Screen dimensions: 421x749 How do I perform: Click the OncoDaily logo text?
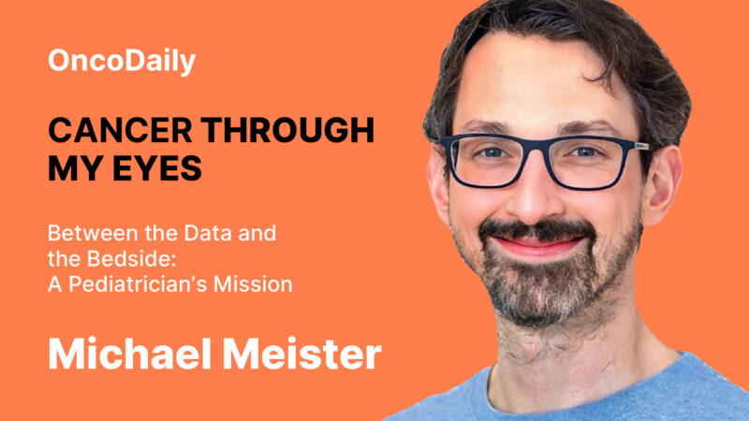(122, 63)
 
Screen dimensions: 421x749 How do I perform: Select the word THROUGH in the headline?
(289, 131)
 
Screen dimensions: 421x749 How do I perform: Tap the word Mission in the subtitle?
(256, 283)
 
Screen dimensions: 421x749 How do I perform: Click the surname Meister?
(304, 356)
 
